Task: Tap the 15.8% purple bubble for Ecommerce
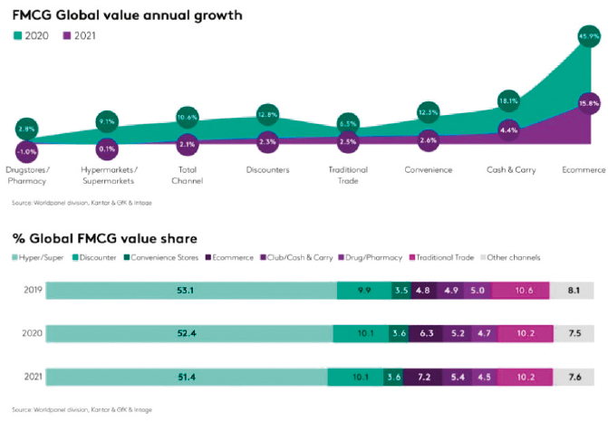589,104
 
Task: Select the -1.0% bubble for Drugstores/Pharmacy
25,151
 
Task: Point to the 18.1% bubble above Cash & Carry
508,101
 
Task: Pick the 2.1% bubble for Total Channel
188,144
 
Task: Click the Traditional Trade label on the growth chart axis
348,175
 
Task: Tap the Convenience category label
429,169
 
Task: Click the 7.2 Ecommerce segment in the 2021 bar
422,376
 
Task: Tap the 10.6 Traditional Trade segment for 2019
524,291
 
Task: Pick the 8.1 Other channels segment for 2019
574,291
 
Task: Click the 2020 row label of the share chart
31,332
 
